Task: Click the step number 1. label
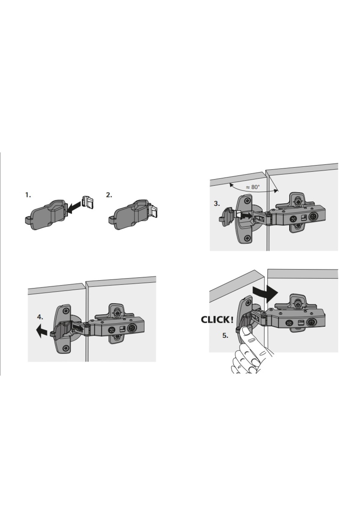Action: [28, 195]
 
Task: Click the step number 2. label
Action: [109, 195]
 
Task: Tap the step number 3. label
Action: [217, 203]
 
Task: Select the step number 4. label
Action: [40, 317]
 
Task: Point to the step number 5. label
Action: [225, 335]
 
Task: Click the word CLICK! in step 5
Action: [217, 320]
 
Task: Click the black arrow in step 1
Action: [73, 208]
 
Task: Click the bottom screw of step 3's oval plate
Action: [247, 238]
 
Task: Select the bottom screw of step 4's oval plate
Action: [65, 348]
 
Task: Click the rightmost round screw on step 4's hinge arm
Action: [132, 329]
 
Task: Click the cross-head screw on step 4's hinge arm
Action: [112, 330]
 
